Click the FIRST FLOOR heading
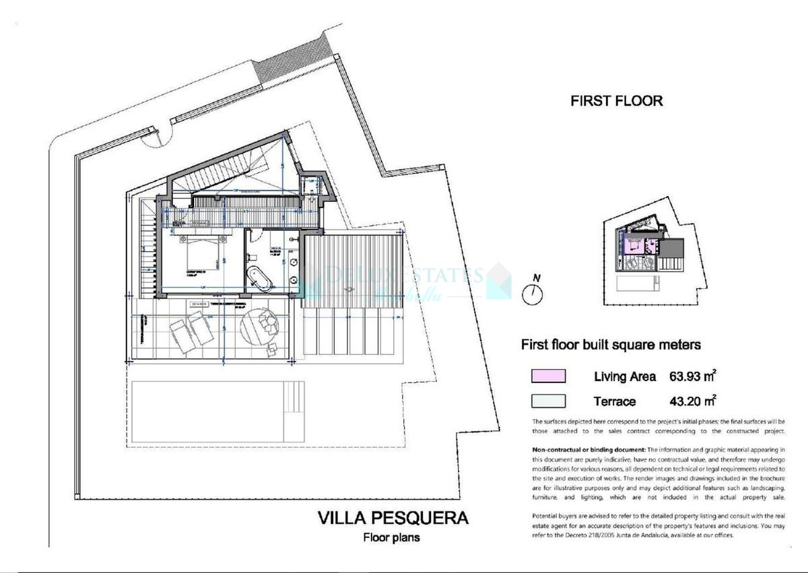click(616, 101)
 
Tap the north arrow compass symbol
click(533, 293)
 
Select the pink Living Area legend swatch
click(548, 376)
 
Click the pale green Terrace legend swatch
click(548, 401)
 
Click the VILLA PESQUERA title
click(393, 518)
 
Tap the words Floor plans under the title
click(392, 537)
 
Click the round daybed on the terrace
click(259, 325)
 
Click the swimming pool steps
click(293, 401)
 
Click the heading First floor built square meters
click(611, 345)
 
